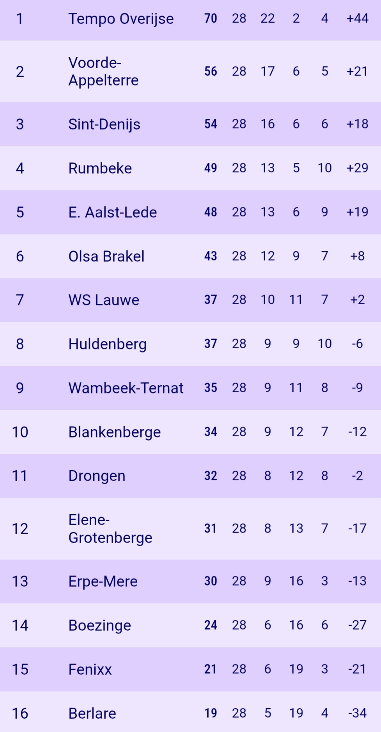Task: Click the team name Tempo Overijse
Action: tap(121, 19)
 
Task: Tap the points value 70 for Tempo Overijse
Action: tap(211, 18)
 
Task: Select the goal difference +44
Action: tap(357, 18)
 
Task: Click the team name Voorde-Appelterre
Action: tap(103, 71)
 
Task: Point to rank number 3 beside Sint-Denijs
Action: tap(20, 124)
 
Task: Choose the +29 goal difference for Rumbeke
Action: tap(357, 168)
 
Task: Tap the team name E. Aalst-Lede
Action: tap(112, 212)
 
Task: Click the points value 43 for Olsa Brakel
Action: tap(211, 256)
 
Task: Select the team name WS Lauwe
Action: tap(104, 300)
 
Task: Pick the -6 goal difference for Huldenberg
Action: tap(357, 344)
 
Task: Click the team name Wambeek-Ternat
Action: tap(126, 388)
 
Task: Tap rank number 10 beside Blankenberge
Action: tap(20, 432)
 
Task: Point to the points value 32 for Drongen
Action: tap(211, 476)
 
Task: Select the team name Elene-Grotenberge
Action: tap(110, 529)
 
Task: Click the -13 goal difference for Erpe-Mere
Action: tap(357, 581)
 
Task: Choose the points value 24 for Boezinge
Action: tap(211, 625)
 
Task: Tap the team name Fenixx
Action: tap(90, 669)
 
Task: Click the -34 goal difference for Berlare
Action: tap(357, 713)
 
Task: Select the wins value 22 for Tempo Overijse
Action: tap(268, 18)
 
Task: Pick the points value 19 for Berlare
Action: tap(211, 713)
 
